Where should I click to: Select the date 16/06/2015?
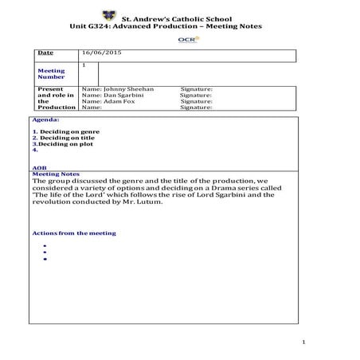[x=102, y=53]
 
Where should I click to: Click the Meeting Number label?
[x=51, y=74]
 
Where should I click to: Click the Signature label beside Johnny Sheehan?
[x=196, y=89]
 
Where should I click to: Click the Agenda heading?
[x=45, y=119]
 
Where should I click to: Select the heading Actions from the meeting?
[x=74, y=233]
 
